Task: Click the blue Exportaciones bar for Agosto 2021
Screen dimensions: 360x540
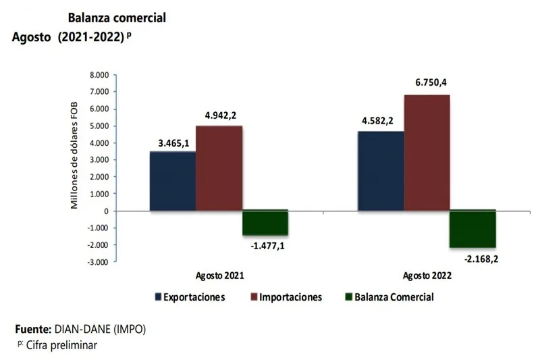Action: click(x=173, y=180)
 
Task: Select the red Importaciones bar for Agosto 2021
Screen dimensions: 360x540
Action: click(x=219, y=168)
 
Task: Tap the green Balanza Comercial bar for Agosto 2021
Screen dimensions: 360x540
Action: click(x=265, y=222)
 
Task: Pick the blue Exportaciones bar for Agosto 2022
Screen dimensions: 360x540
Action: click(x=381, y=170)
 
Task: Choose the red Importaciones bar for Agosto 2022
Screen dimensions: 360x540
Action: click(x=427, y=152)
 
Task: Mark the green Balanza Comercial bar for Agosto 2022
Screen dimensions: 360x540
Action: click(x=473, y=228)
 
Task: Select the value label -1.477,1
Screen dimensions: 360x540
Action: click(x=267, y=246)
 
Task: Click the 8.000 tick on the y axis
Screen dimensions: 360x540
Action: click(x=99, y=74)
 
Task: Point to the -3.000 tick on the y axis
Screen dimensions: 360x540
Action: click(x=98, y=262)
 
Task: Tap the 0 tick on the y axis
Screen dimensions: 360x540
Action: click(x=106, y=211)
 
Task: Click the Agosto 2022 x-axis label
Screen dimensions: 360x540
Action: click(x=427, y=276)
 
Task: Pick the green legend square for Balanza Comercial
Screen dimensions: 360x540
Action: click(x=348, y=297)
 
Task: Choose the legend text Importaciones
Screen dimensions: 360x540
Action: click(x=291, y=297)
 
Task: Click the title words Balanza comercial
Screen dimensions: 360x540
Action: click(x=117, y=18)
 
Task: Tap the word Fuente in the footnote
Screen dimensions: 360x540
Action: click(x=32, y=330)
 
